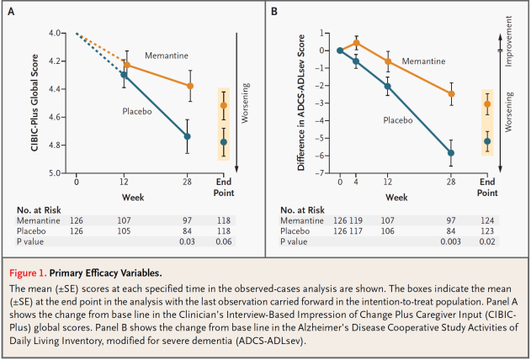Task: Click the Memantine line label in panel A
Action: (x=167, y=56)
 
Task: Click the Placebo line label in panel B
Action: (x=397, y=120)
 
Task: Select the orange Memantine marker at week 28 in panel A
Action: (x=190, y=86)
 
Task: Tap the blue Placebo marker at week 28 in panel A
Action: (x=187, y=136)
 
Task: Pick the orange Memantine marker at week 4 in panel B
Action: (x=356, y=43)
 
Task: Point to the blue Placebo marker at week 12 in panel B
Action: (x=388, y=86)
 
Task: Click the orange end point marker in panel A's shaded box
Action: (x=224, y=106)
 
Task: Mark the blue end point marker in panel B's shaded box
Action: (x=487, y=141)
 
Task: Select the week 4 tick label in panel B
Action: (x=356, y=182)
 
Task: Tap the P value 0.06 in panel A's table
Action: (x=224, y=241)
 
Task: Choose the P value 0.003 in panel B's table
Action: (x=450, y=241)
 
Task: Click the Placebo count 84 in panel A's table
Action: (x=187, y=231)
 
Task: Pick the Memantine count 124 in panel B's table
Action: (x=487, y=220)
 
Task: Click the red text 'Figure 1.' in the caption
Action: (x=28, y=273)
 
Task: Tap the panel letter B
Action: (x=274, y=12)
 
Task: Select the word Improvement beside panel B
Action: (x=508, y=41)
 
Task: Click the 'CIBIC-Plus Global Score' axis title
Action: (x=35, y=103)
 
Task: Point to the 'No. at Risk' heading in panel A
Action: (x=39, y=210)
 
